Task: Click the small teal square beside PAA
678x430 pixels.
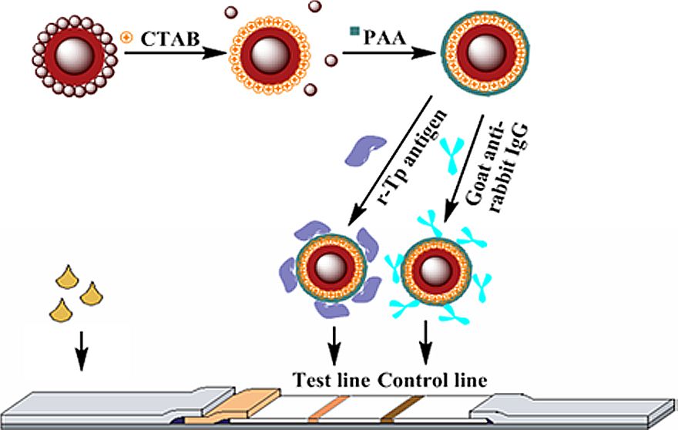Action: pos(354,32)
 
